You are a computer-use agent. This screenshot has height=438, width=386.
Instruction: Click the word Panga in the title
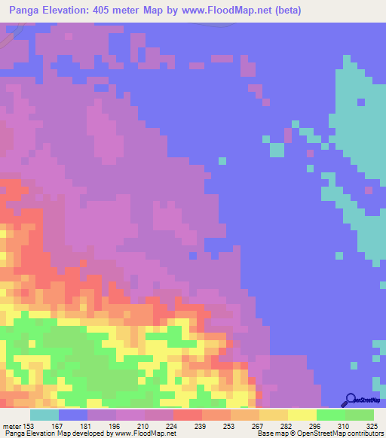point(23,11)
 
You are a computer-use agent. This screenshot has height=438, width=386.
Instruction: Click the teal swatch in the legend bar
point(44,415)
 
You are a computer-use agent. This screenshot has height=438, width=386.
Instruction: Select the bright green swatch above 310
point(330,415)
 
